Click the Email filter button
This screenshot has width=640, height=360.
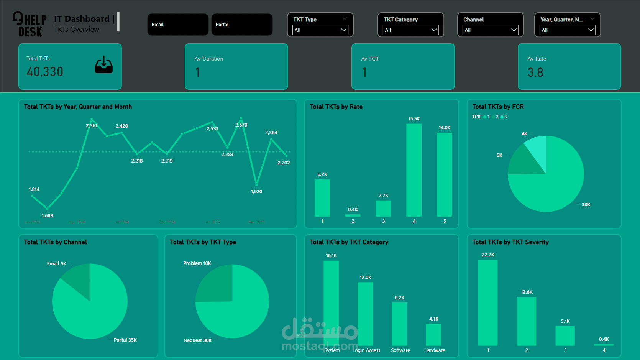(x=178, y=25)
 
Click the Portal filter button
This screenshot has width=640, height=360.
(x=242, y=25)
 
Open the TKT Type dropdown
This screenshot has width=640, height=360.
(x=320, y=30)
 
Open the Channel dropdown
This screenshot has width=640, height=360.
(x=490, y=30)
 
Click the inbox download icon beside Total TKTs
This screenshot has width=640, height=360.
(x=104, y=65)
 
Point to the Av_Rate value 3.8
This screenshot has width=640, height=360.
(x=535, y=72)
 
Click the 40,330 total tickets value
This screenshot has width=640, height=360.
(x=45, y=72)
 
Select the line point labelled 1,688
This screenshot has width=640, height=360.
(x=47, y=209)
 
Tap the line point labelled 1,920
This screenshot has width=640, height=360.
(x=256, y=184)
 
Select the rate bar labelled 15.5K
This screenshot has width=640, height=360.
(x=414, y=170)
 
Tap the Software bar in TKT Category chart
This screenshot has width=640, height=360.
(x=399, y=324)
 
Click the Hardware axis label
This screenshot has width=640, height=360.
(x=435, y=350)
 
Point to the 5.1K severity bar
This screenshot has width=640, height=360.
(x=565, y=336)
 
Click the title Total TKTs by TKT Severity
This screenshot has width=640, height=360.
(x=510, y=242)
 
